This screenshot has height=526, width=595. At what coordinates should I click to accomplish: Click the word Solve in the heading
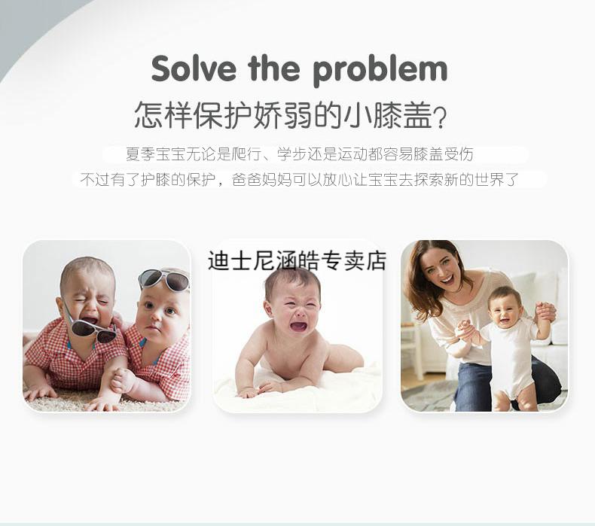pyautogui.click(x=194, y=68)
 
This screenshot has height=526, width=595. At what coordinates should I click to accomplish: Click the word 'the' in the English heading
pyautogui.click(x=274, y=68)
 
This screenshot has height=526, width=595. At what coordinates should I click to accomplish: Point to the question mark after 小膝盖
pyautogui.click(x=440, y=117)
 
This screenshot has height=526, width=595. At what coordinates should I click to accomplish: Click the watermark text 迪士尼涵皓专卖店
pyautogui.click(x=297, y=261)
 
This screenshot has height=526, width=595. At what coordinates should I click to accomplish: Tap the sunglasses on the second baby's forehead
pyautogui.click(x=164, y=280)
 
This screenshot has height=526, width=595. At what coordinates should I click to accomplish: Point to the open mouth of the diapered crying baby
pyautogui.click(x=298, y=326)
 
